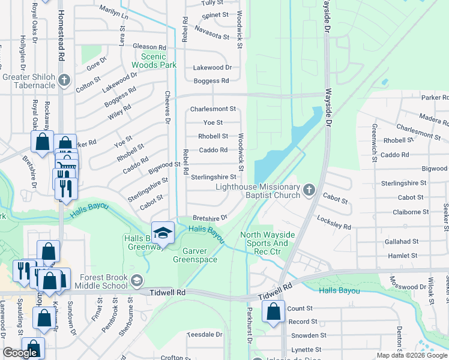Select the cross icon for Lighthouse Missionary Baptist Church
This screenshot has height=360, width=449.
click(x=309, y=190)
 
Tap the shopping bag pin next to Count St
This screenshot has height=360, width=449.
click(x=273, y=312)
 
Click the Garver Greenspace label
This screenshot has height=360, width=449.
click(x=195, y=255)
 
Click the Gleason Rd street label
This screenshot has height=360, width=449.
click(x=149, y=47)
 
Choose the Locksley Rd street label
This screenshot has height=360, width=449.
click(x=334, y=222)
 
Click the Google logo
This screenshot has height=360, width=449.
click(x=20, y=353)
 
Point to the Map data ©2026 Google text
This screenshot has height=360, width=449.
click(x=412, y=355)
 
